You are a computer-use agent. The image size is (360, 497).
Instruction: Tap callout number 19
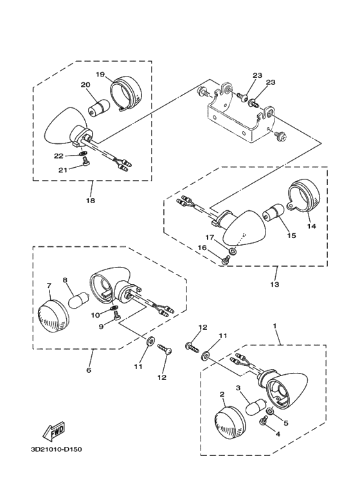pyautogui.click(x=100, y=74)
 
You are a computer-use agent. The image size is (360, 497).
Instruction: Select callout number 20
pyautogui.click(x=84, y=85)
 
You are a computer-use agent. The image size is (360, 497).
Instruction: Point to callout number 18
pyautogui.click(x=91, y=201)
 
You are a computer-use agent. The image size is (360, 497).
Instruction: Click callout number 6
pyautogui.click(x=87, y=370)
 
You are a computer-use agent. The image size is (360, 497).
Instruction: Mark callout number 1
pyautogui.click(x=276, y=326)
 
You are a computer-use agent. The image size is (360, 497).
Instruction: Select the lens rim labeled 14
pyautogui.click(x=307, y=200)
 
